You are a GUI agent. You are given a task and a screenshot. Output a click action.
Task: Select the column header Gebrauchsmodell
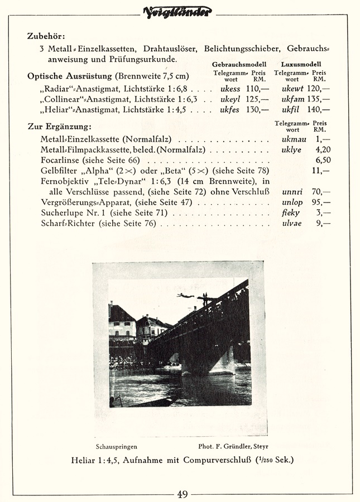(239, 65)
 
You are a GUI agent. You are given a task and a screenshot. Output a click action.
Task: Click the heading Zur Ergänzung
(59, 127)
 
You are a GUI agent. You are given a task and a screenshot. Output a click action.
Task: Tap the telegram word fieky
(291, 213)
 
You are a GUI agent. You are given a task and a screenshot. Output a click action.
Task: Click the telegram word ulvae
(291, 224)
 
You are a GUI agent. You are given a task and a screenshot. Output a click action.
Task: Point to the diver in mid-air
(186, 296)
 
